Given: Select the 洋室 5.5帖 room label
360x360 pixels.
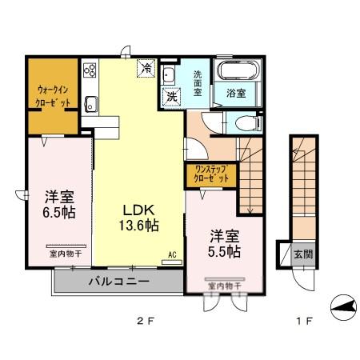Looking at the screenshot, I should point(225,243).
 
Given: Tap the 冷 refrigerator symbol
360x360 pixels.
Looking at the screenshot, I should point(147,70).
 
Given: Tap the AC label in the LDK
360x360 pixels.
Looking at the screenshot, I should point(172,256).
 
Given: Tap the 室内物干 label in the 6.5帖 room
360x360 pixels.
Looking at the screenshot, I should point(54,255).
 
